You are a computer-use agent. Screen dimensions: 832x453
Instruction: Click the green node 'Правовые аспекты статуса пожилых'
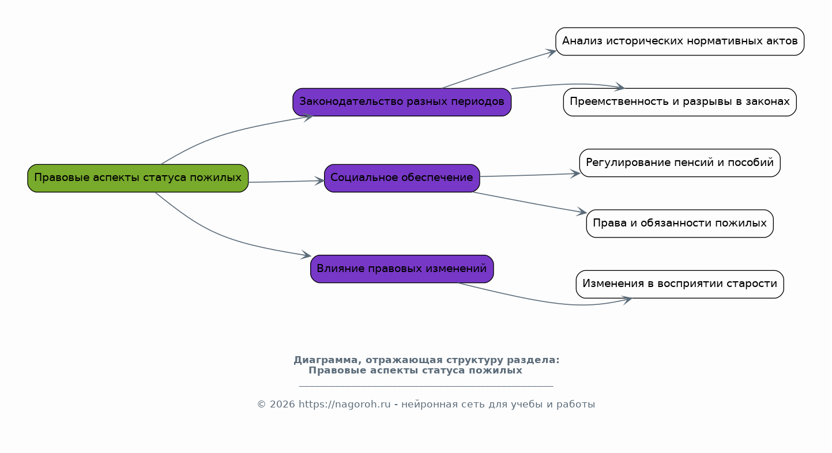click(138, 178)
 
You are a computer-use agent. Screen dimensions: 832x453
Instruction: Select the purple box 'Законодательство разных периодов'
click(402, 102)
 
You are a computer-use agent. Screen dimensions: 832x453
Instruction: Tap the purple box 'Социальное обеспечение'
click(402, 178)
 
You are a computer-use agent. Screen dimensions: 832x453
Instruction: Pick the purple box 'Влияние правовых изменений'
click(402, 269)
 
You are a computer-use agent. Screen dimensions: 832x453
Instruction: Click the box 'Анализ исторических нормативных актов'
click(680, 41)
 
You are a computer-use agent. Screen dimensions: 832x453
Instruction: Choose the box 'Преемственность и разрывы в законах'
click(680, 102)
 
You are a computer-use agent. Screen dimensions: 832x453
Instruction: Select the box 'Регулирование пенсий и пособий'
click(680, 163)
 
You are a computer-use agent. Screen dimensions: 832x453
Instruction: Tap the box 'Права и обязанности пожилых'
click(680, 224)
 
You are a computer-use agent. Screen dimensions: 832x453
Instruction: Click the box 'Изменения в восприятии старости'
click(680, 284)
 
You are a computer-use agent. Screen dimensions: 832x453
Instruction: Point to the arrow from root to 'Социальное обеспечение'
click(287, 181)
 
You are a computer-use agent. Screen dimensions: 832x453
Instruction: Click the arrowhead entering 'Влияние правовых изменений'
click(306, 255)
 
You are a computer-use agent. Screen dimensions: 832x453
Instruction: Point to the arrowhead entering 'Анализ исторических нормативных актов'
click(551, 52)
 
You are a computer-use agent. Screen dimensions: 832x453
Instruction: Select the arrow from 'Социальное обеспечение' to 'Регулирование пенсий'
click(530, 175)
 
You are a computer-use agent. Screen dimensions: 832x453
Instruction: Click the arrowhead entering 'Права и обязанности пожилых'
click(582, 212)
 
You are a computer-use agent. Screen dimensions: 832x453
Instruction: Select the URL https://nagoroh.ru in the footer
click(344, 404)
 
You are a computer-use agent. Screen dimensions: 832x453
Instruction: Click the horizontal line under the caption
click(426, 387)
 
